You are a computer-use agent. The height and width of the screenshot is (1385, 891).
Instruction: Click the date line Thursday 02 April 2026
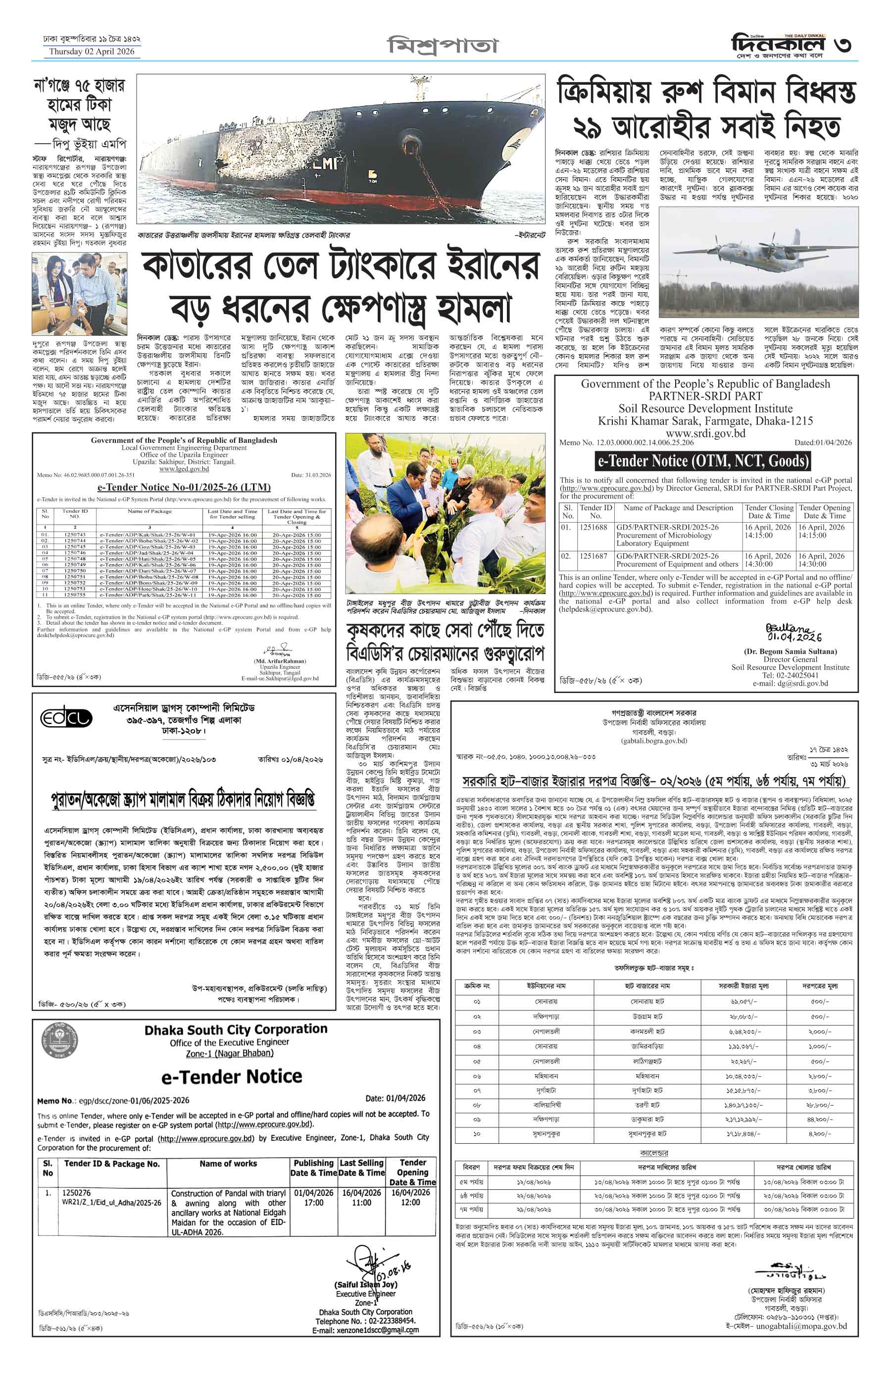pos(92,52)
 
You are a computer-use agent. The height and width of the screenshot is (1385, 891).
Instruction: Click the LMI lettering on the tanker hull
pos(325,164)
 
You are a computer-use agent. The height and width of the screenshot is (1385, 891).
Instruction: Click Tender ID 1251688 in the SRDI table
pos(593,528)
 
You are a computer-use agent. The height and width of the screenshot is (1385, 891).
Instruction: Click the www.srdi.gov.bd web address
pos(705,433)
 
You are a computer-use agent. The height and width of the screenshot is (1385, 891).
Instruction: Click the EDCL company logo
pos(66,718)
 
